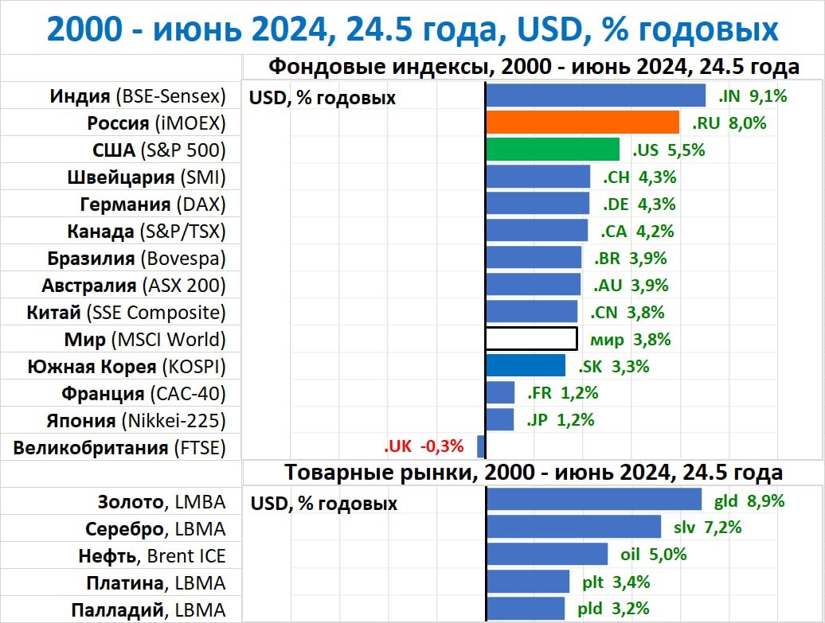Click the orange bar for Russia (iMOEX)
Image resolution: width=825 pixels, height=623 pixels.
tap(582, 123)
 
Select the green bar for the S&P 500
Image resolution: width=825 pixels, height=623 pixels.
tap(553, 150)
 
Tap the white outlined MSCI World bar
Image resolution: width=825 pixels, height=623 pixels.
tap(531, 339)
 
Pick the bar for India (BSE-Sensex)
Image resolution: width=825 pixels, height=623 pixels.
tap(596, 95)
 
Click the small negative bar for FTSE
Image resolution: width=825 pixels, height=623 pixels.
tap(481, 446)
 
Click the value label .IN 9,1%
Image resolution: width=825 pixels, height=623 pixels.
tap(753, 96)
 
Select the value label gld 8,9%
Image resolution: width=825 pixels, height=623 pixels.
tap(749, 501)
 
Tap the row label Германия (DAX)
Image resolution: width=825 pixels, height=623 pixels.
tap(153, 204)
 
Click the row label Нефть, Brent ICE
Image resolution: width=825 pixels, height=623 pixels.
tap(152, 555)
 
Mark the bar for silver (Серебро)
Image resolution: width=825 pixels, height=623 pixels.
tap(573, 527)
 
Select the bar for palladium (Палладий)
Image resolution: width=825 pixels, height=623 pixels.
tap(525, 609)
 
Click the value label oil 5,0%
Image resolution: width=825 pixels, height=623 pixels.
tap(653, 555)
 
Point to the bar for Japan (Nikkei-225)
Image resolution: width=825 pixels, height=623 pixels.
tap(500, 419)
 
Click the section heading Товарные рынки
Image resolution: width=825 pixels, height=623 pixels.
tap(534, 472)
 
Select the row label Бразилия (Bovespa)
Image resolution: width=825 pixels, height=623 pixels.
tap(136, 258)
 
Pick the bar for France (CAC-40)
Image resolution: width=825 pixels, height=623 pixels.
tap(500, 392)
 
